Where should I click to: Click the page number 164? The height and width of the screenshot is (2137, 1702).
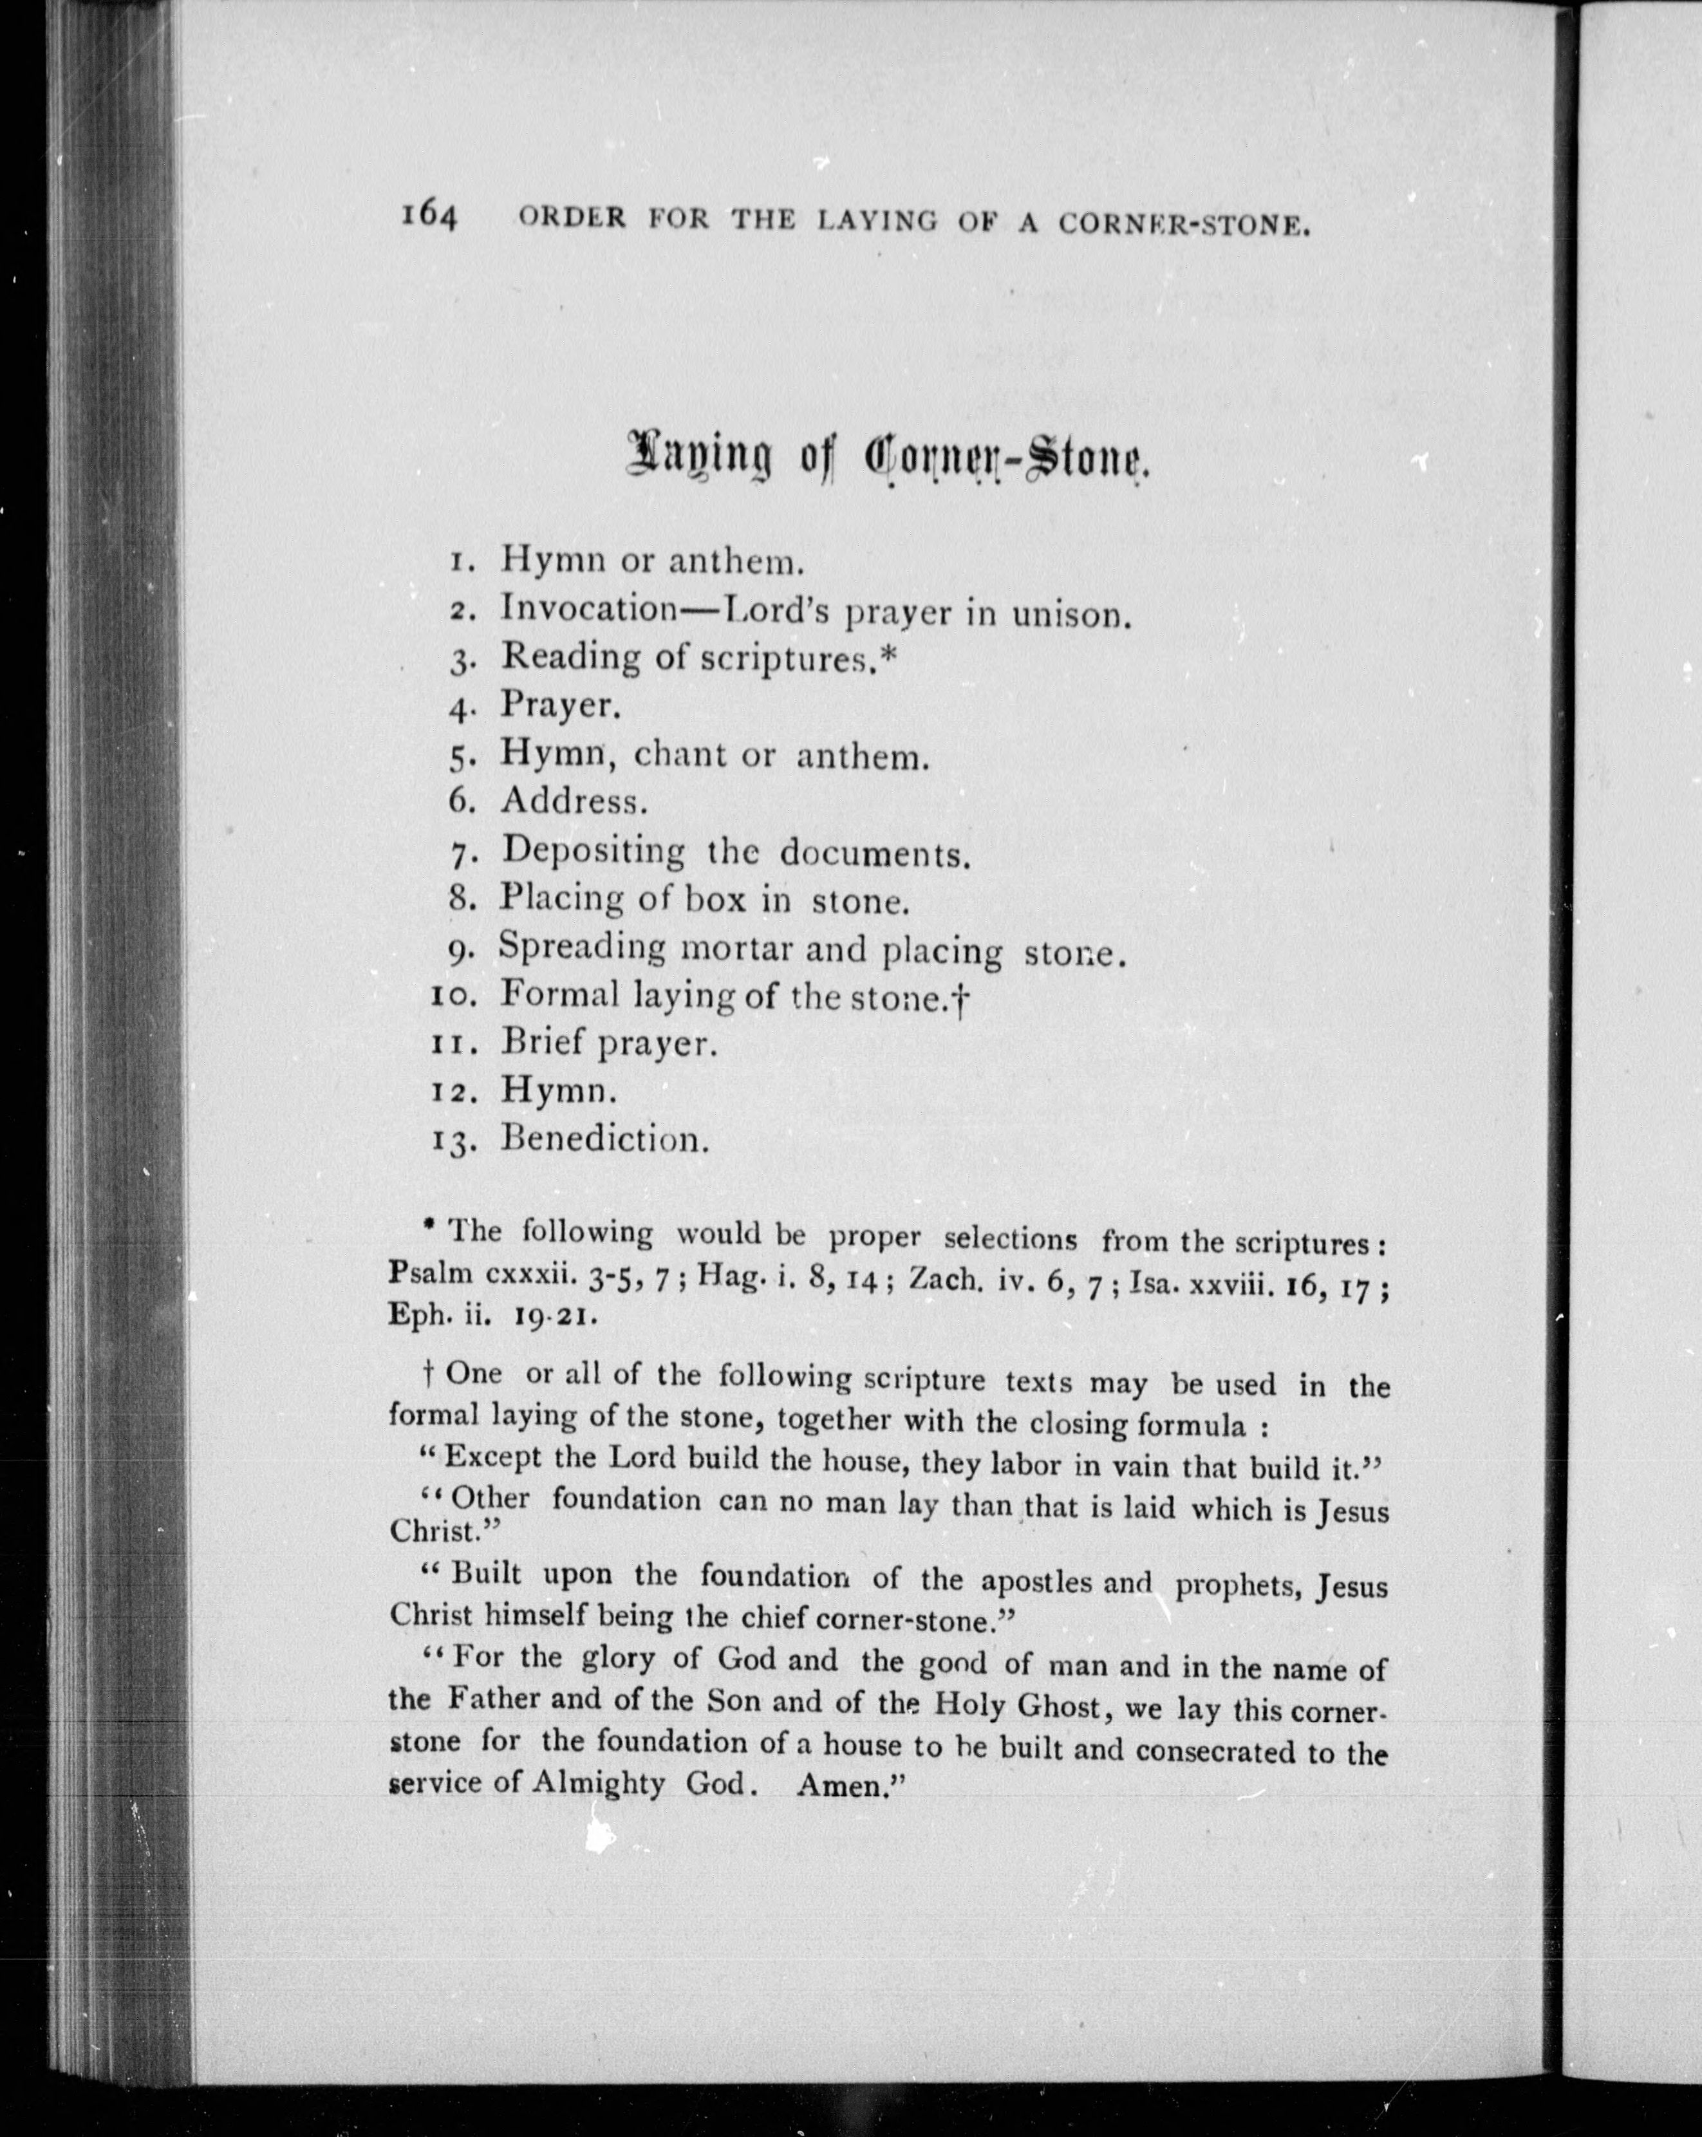coord(428,216)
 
